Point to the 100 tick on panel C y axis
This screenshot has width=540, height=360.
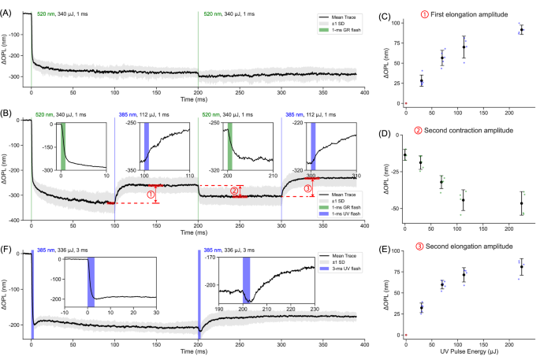click(392, 23)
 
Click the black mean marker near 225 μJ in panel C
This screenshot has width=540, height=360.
click(520, 29)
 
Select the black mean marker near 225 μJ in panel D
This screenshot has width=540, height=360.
click(520, 204)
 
